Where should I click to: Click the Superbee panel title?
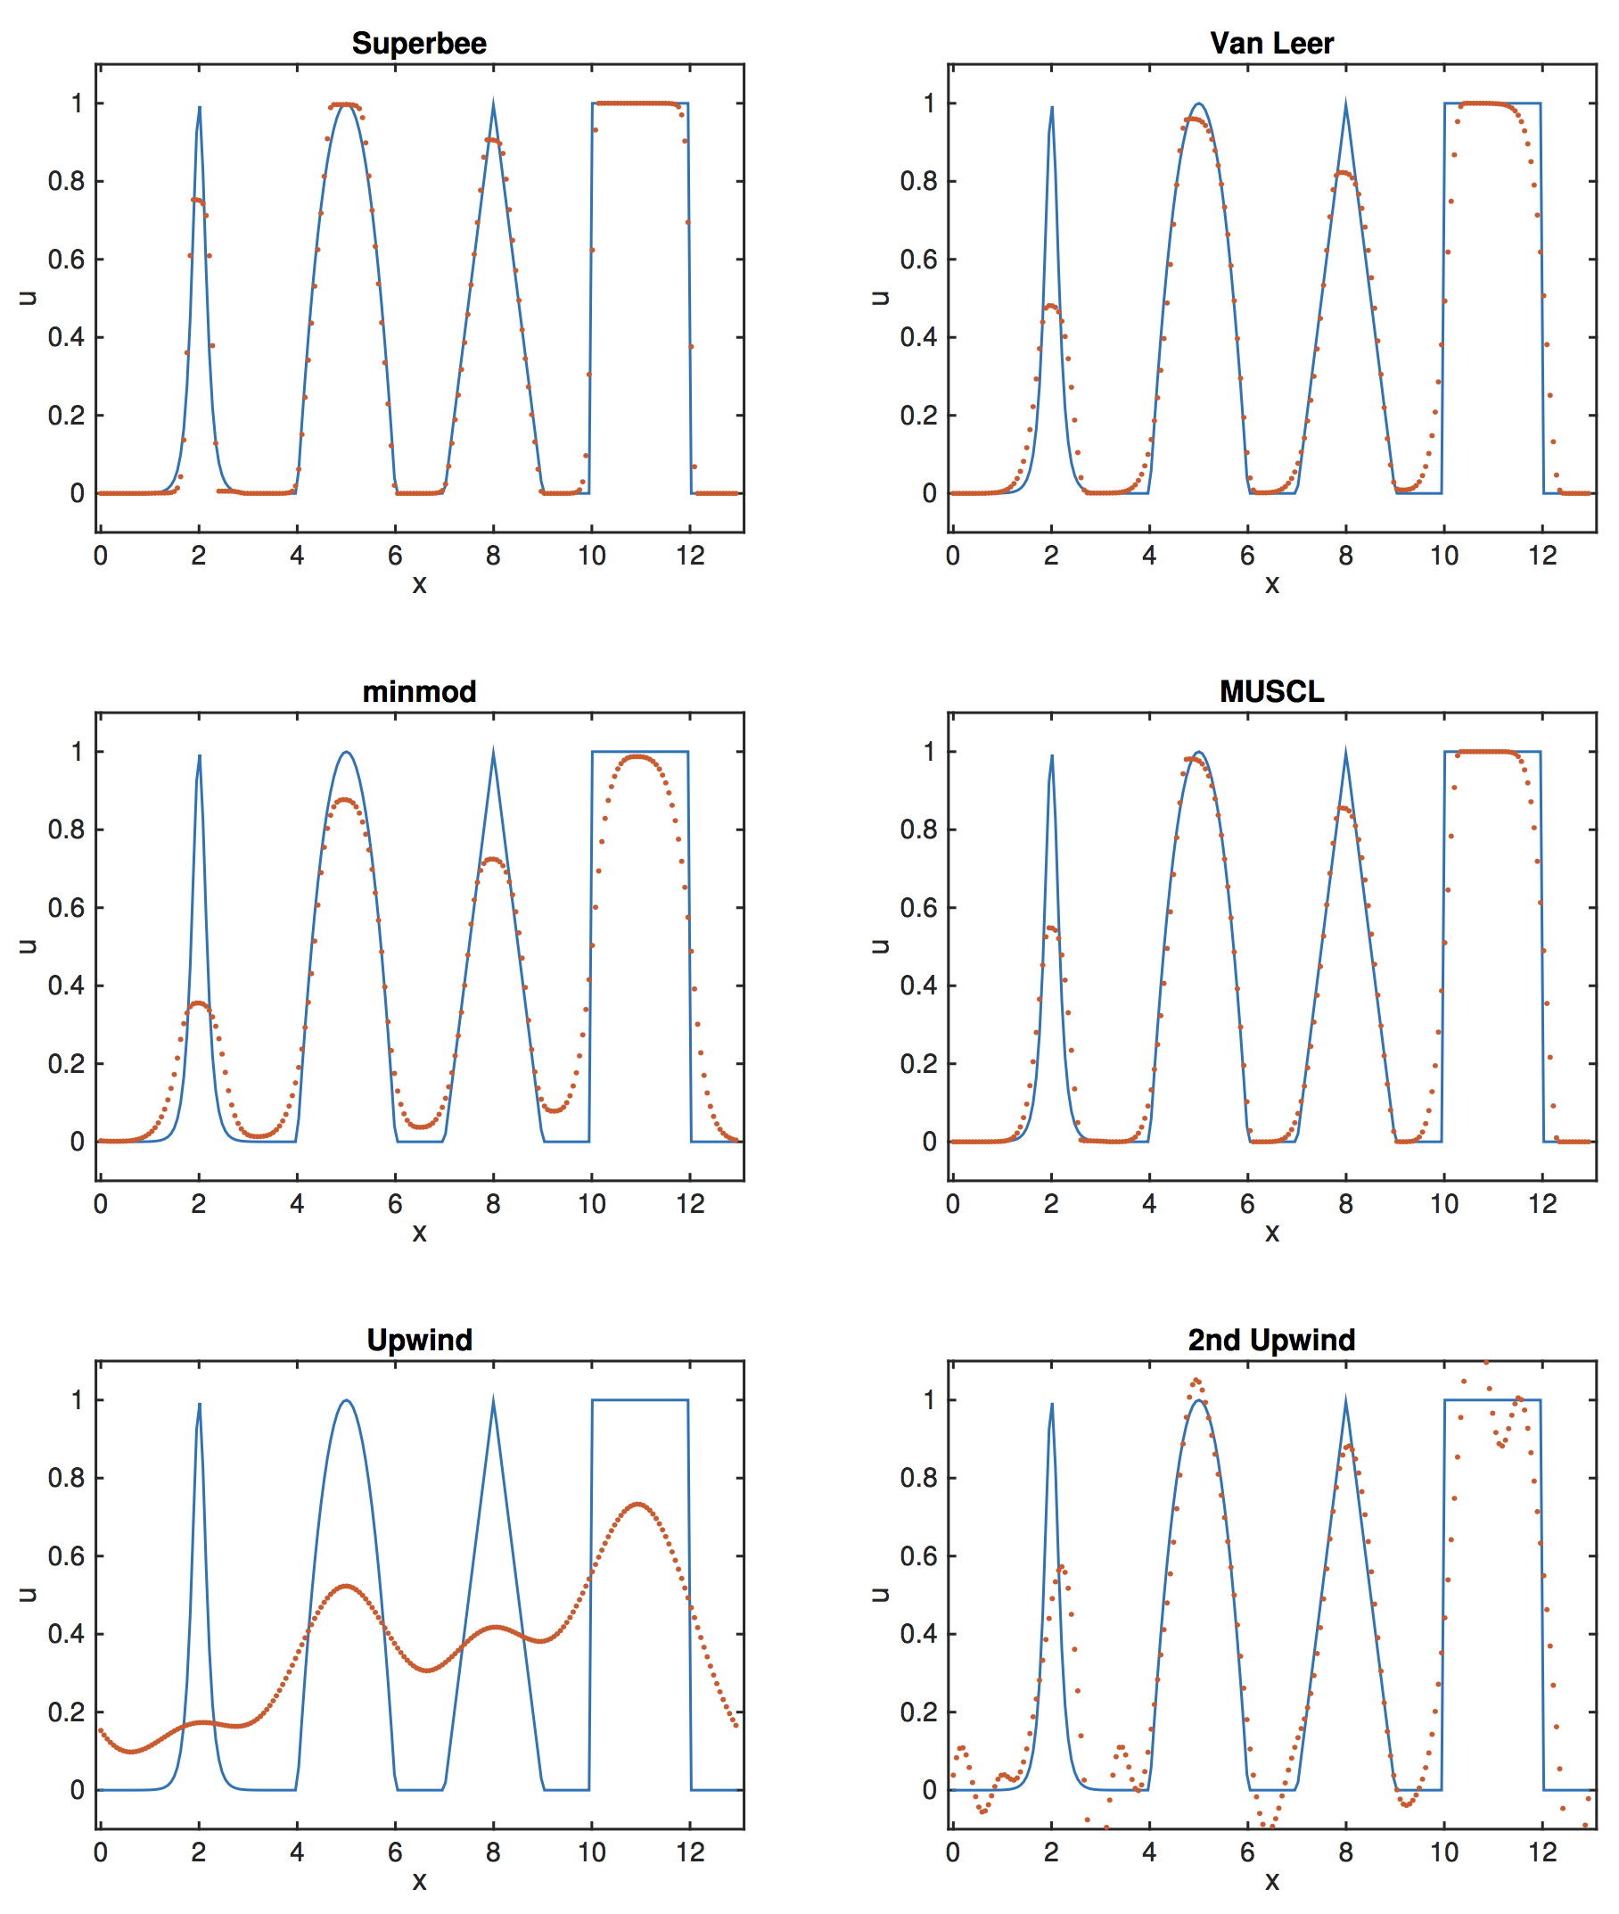(419, 43)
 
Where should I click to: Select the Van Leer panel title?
(1271, 43)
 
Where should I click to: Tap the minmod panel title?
(419, 691)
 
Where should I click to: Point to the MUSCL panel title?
(1271, 691)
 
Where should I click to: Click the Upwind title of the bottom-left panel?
(419, 1340)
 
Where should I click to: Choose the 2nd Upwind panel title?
(1271, 1340)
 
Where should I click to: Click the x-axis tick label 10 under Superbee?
(592, 556)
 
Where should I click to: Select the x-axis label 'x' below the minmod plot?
(419, 1233)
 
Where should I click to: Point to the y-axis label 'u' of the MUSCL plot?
(879, 945)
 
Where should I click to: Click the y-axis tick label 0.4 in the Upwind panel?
(66, 1633)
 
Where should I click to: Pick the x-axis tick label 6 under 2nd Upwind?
(1247, 1852)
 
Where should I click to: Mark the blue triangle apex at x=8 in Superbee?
(494, 100)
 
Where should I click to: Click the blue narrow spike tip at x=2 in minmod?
(199, 756)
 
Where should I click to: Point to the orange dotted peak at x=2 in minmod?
(199, 1004)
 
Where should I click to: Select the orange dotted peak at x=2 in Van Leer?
(1051, 306)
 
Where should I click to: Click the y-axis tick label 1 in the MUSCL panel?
(929, 752)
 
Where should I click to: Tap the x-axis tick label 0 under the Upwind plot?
(100, 1852)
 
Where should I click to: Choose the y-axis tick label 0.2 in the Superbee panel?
(66, 415)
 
